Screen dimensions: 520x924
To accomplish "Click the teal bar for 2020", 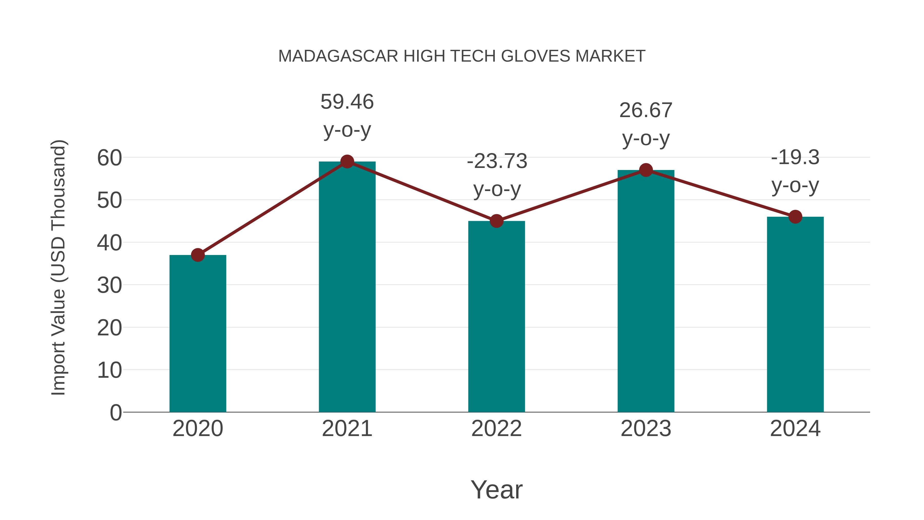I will pyautogui.click(x=198, y=334).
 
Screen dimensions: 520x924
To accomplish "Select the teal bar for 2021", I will pyautogui.click(x=347, y=287).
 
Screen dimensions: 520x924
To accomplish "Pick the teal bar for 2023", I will pyautogui.click(x=646, y=291).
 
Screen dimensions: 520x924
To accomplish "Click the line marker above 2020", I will pyautogui.click(x=198, y=255).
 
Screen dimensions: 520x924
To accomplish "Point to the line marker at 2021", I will pyautogui.click(x=347, y=162).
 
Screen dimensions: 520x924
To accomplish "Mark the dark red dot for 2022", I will pyautogui.click(x=496, y=221).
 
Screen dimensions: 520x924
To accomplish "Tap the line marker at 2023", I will pyautogui.click(x=646, y=170).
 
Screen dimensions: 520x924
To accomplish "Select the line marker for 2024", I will pyautogui.click(x=795, y=217).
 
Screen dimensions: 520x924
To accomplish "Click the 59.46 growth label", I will pyautogui.click(x=347, y=102).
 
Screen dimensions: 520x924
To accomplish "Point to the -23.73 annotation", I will pyautogui.click(x=497, y=161).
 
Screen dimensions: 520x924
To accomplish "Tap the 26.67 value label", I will pyautogui.click(x=646, y=110).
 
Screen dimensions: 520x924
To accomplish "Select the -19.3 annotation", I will pyautogui.click(x=795, y=158).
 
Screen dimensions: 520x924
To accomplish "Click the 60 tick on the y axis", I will pyautogui.click(x=109, y=158).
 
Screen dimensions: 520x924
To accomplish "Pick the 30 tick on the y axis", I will pyautogui.click(x=109, y=286).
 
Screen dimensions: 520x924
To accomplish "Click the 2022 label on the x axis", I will pyautogui.click(x=496, y=429).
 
